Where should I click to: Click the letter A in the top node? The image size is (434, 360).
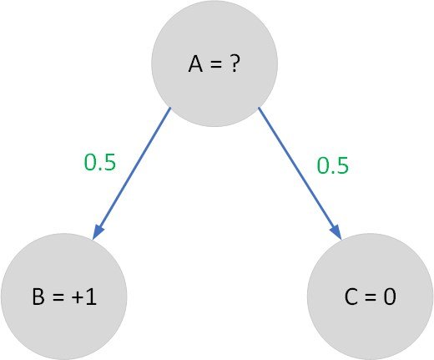[195, 63]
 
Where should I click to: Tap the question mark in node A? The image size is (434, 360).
[235, 63]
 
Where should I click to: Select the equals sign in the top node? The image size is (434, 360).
[216, 65]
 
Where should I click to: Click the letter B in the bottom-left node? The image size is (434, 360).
[38, 297]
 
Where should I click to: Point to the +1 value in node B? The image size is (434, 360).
[84, 297]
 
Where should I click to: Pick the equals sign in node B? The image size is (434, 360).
[58, 297]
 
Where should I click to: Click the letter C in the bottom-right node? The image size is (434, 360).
[351, 297]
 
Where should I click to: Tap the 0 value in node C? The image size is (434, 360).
[390, 297]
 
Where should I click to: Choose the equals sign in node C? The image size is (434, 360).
[371, 297]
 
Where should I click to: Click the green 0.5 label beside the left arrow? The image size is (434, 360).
[100, 162]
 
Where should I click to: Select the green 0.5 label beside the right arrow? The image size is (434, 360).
[333, 165]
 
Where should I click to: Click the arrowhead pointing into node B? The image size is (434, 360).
[98, 231]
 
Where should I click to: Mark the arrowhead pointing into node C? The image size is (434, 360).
[336, 231]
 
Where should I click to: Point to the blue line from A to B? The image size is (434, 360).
[131, 174]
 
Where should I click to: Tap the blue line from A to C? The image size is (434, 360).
[300, 173]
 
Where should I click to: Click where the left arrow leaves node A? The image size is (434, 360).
[170, 108]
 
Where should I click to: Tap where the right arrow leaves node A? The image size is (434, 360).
[259, 108]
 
